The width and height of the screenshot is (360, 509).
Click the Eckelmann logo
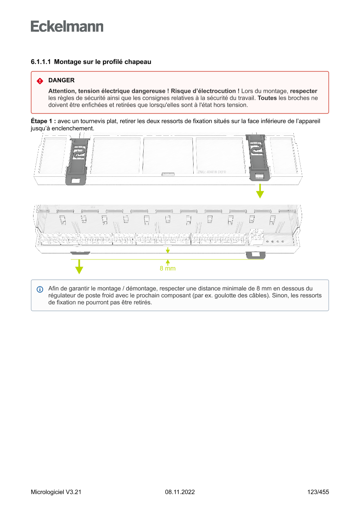pos(67,26)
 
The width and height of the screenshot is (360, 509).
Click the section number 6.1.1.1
pos(41,62)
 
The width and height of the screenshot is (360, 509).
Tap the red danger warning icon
pos(40,81)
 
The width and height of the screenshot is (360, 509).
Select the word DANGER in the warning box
pos(61,81)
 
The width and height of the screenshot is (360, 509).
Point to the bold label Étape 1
pos(43,121)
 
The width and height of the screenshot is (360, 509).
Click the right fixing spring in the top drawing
pos(258,157)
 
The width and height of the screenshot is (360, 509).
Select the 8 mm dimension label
pos(168,269)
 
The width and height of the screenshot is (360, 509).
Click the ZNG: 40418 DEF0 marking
pos(212,172)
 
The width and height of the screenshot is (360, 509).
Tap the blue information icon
pos(40,289)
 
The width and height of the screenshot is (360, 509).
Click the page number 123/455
pos(318,492)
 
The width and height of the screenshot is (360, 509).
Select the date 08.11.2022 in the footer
pos(180,492)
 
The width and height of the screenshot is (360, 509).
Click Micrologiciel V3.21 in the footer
pos(56,492)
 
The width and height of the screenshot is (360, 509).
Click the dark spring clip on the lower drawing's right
pos(255,255)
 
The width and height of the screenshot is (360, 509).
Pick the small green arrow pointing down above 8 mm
pos(168,250)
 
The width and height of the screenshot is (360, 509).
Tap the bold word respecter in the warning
pos(303,91)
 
